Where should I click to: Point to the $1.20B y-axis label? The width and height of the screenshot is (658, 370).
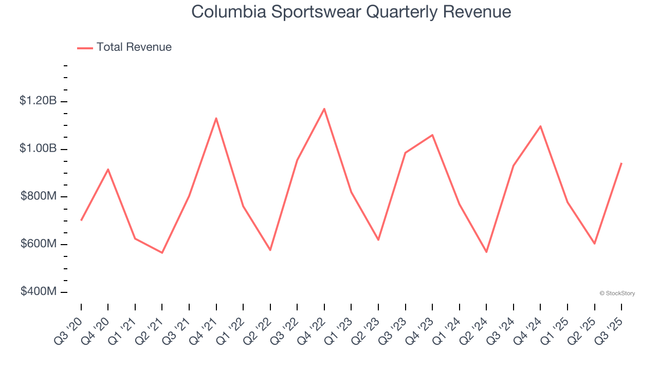pyautogui.click(x=38, y=101)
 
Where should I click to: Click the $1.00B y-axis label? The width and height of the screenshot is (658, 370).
pyautogui.click(x=38, y=149)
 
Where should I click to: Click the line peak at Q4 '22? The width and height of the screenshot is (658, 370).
pyautogui.click(x=324, y=108)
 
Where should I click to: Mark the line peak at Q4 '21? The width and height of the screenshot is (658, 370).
pyautogui.click(x=216, y=118)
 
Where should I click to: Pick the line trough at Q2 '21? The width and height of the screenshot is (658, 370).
pyautogui.click(x=162, y=253)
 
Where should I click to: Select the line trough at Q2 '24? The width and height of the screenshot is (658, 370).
pyautogui.click(x=486, y=252)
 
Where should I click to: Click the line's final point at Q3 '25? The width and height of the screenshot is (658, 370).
pyautogui.click(x=622, y=163)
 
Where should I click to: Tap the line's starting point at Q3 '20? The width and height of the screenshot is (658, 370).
pyautogui.click(x=81, y=220)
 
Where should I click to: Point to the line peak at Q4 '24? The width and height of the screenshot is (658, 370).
pyautogui.click(x=540, y=126)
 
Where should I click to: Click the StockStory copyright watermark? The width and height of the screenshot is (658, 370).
pyautogui.click(x=617, y=293)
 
